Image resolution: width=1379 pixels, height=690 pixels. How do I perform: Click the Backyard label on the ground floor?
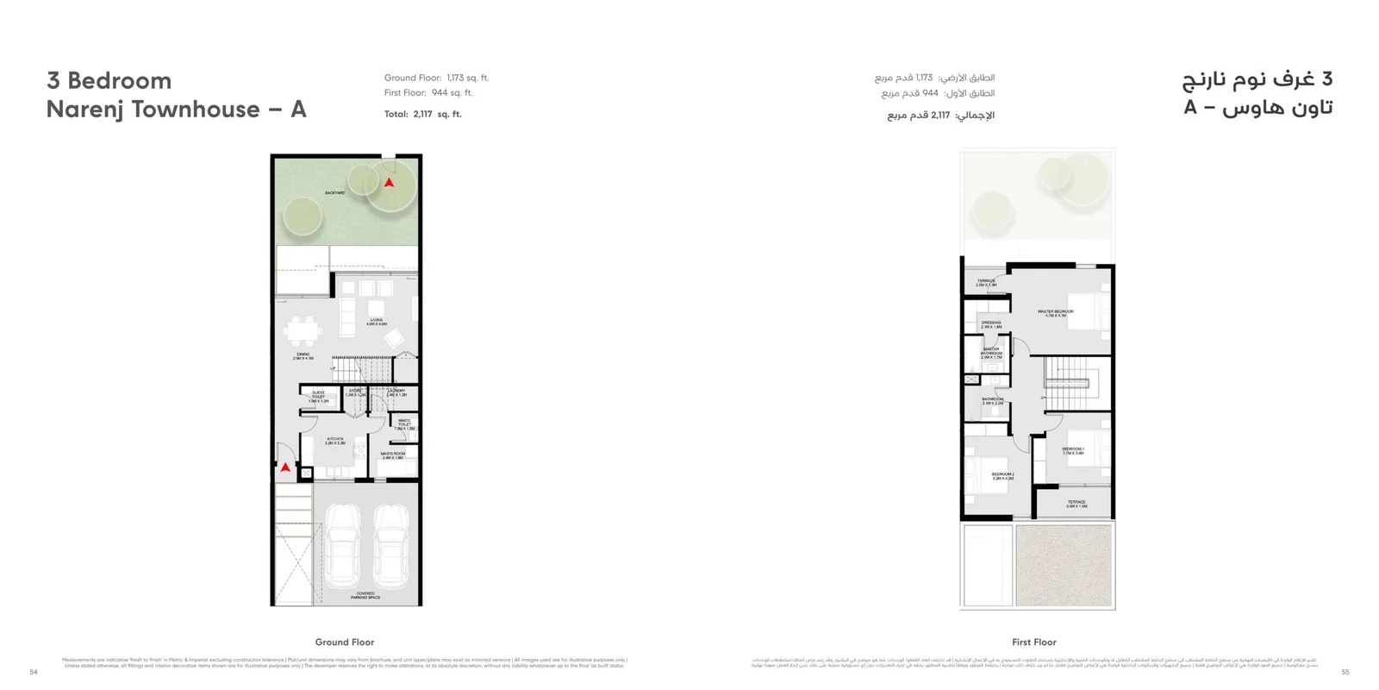click(335, 192)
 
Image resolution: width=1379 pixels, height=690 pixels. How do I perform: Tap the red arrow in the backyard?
click(389, 183)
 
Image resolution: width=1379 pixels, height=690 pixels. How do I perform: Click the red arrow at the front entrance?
click(285, 467)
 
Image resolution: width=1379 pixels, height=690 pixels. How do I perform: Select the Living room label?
click(377, 323)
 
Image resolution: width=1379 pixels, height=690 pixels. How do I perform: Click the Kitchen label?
click(335, 441)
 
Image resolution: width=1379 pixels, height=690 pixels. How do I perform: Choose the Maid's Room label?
click(393, 455)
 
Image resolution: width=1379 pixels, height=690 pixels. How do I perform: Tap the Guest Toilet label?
click(318, 397)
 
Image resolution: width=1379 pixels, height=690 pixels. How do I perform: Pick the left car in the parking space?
click(342, 543)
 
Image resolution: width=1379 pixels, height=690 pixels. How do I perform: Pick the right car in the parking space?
click(392, 543)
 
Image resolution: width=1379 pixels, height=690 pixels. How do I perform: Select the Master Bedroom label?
click(1056, 313)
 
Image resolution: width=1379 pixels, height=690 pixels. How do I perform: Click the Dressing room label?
click(991, 324)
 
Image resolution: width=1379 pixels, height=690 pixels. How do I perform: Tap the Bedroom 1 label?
click(1073, 450)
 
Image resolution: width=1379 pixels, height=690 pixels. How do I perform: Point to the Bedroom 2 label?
click(1002, 475)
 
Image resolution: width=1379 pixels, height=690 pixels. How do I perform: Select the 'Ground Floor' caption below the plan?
click(345, 642)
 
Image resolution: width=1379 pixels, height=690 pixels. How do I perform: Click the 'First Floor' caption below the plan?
click(1034, 642)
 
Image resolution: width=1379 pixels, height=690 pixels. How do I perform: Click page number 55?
click(1345, 672)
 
